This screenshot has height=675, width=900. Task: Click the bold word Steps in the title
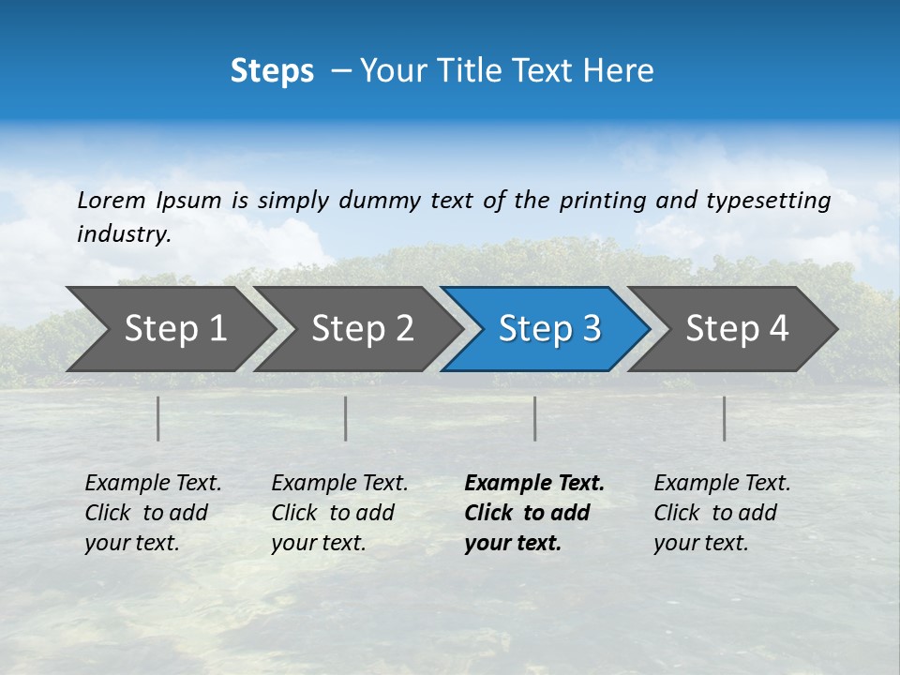click(x=272, y=70)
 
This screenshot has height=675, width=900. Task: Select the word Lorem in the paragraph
click(x=112, y=200)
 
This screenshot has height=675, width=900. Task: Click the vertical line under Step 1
click(x=158, y=418)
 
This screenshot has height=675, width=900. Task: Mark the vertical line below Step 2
click(x=346, y=418)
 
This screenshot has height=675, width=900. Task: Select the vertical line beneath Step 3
click(x=535, y=418)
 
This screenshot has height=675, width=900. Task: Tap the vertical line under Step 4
click(x=725, y=418)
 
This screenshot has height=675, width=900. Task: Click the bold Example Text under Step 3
click(x=534, y=483)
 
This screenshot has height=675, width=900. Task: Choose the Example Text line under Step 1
click(x=153, y=483)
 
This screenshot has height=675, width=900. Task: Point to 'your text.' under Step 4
click(x=700, y=543)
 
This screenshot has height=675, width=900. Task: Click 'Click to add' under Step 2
click(x=333, y=513)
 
